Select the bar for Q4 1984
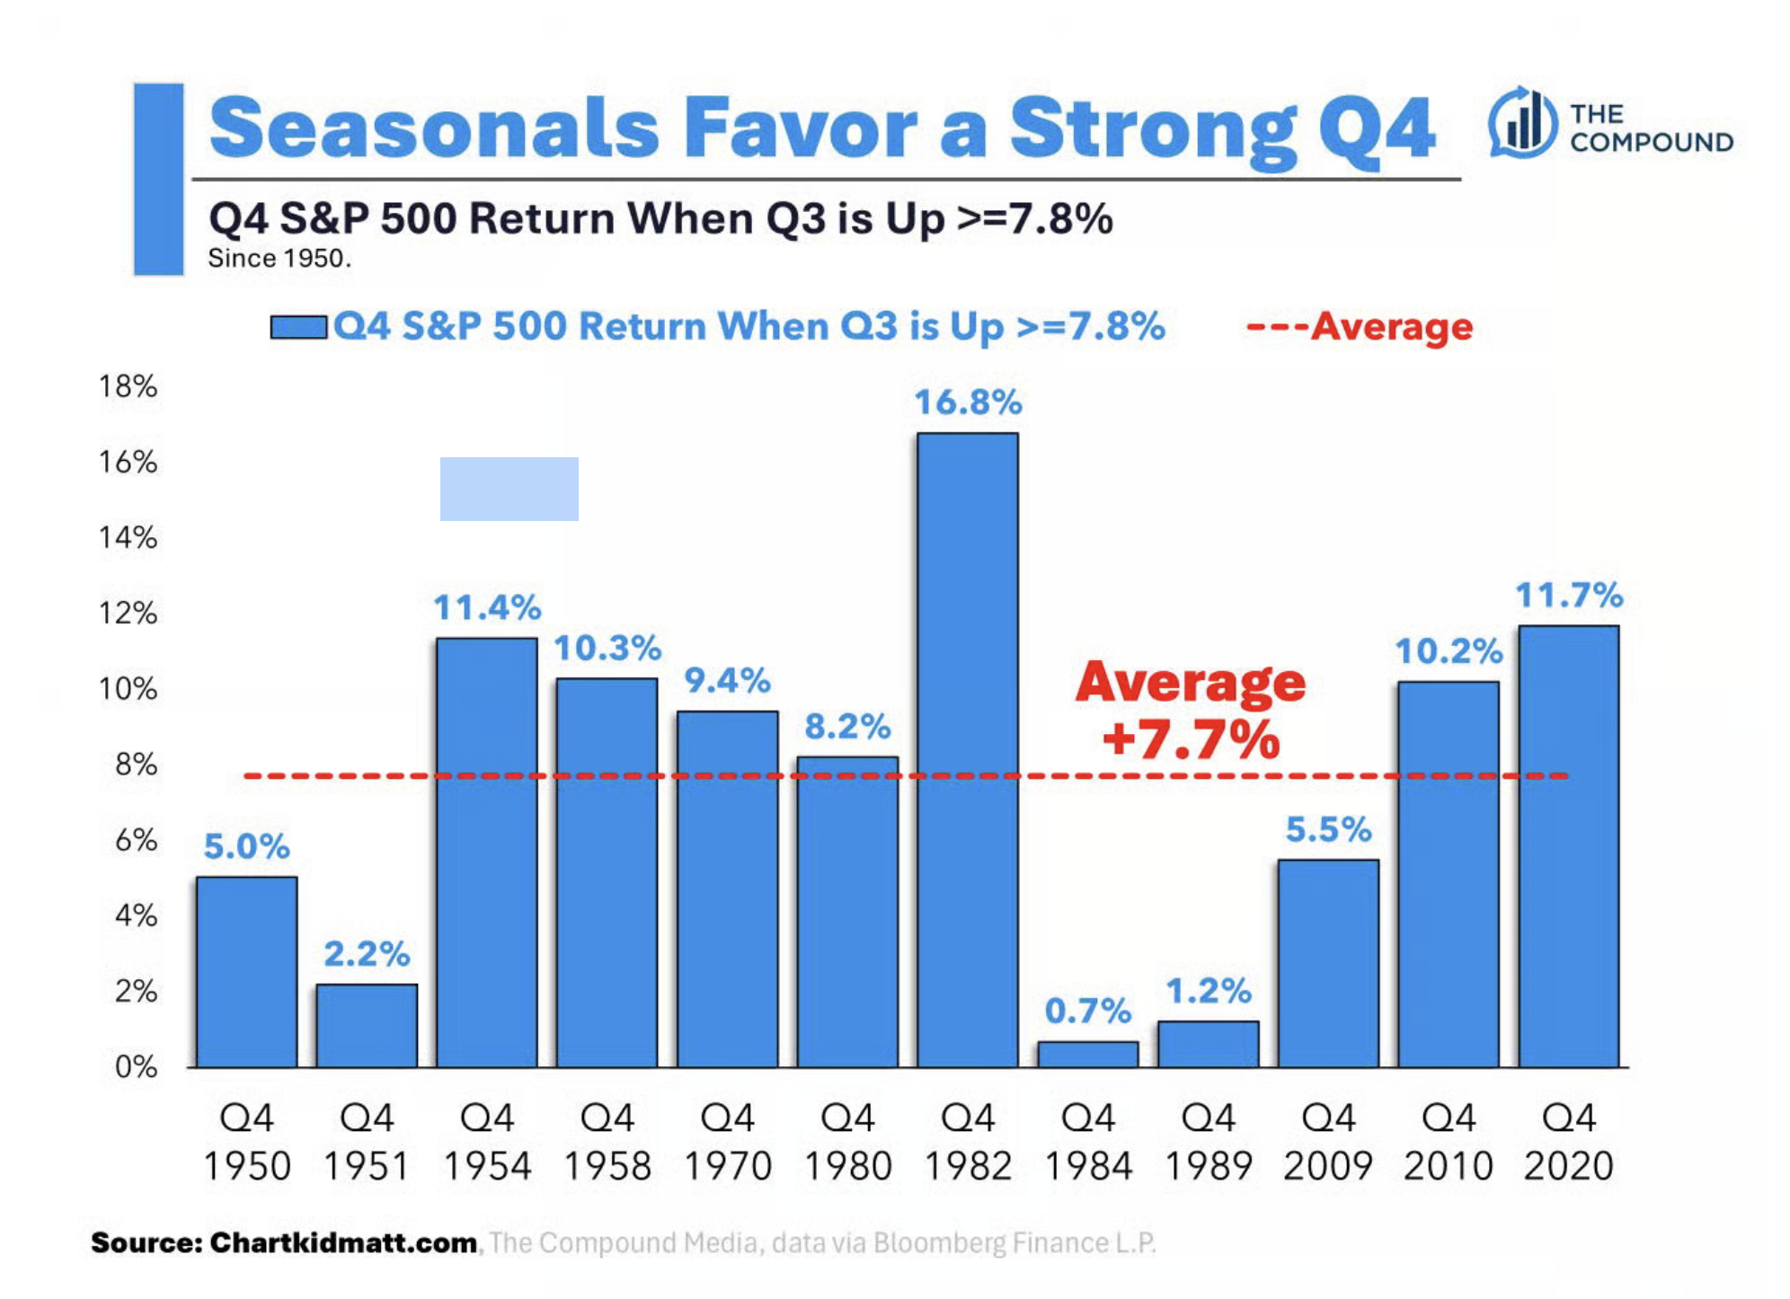pos(1087,1055)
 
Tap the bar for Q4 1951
pos(367,1026)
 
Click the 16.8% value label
pos(968,402)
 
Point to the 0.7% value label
pos(1087,1012)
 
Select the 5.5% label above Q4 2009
pos(1328,830)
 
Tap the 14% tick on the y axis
pos(128,538)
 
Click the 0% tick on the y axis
pos(136,1067)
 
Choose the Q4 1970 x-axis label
pos(727,1142)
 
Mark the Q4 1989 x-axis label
pos(1208,1142)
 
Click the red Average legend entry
pos(1360,327)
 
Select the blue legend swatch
pos(298,327)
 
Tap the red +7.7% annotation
pos(1191,740)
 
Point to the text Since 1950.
pos(279,259)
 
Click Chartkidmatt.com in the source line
pos(343,1243)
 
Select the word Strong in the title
pos(1153,128)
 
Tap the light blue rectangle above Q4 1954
pos(509,489)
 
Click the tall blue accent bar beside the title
pos(159,179)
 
